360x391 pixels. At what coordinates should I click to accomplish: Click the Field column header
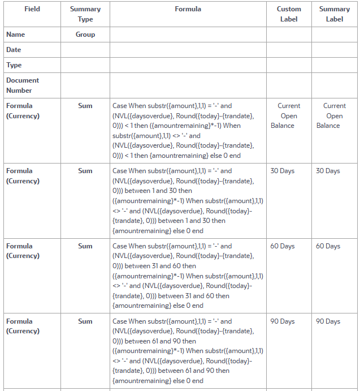tap(32, 9)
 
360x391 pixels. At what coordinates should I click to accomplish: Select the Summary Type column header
tap(85, 14)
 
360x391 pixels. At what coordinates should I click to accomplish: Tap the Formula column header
tap(188, 9)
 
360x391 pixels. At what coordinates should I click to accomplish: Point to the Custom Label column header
tap(289, 14)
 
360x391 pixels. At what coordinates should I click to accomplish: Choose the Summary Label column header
tap(335, 14)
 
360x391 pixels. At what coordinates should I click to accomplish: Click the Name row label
tap(16, 35)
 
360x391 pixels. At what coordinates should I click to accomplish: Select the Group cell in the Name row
tap(85, 35)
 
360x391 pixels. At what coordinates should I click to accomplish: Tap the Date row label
tap(14, 50)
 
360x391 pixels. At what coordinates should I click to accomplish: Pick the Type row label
tap(14, 65)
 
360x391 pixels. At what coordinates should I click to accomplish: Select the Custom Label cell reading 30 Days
tap(283, 171)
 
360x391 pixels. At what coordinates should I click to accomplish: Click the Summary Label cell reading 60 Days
tap(328, 246)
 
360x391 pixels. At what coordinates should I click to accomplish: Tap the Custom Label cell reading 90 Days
tap(283, 321)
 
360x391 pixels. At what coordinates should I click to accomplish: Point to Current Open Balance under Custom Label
tap(288, 115)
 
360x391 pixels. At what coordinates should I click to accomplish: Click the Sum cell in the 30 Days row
tap(85, 171)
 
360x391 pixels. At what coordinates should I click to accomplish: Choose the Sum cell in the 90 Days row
tap(85, 321)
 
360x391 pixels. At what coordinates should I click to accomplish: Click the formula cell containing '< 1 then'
tap(188, 131)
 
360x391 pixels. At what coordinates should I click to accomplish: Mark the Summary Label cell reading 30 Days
tap(328, 171)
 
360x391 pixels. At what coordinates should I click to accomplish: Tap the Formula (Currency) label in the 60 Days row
tap(23, 251)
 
